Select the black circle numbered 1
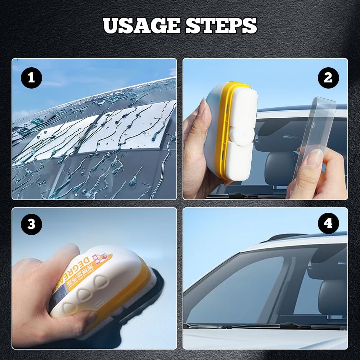coord(31,78)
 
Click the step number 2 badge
coord(328,78)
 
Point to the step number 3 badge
coord(31,224)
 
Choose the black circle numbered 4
coord(328,223)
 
